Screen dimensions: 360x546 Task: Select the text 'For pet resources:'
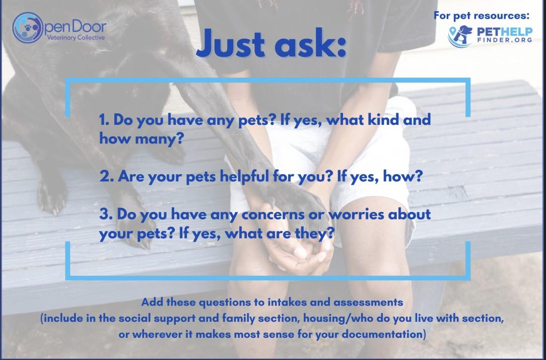click(482, 16)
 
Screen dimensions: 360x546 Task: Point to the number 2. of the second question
click(105, 177)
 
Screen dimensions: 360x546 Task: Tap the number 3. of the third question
click(105, 214)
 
